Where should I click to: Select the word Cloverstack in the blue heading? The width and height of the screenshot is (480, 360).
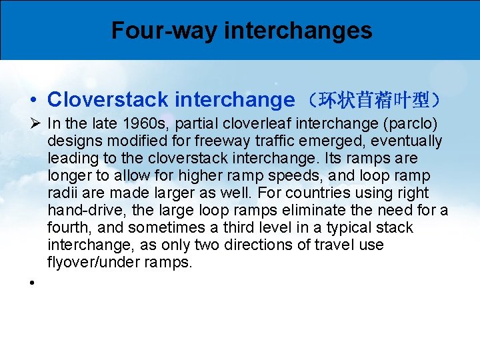coord(107,100)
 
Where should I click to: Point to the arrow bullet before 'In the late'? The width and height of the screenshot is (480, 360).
coord(35,123)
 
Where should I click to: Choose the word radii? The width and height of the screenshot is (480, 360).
coord(62,193)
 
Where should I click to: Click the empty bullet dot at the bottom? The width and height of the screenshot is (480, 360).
coord(32,283)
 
